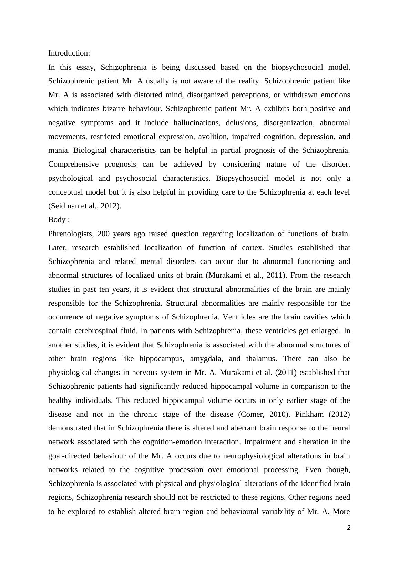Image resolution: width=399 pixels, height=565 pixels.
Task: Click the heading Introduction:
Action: pyautogui.click(x=69, y=53)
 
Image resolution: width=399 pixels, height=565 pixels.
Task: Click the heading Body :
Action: pyautogui.click(x=59, y=220)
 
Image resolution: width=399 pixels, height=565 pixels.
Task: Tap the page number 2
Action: pyautogui.click(x=349, y=527)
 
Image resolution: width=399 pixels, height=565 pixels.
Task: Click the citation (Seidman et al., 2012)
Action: pyautogui.click(x=85, y=206)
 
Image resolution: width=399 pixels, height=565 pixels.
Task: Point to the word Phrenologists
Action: pyautogui.click(x=70, y=234)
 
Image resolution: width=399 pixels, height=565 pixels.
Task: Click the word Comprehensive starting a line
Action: pyautogui.click(x=73, y=164)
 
